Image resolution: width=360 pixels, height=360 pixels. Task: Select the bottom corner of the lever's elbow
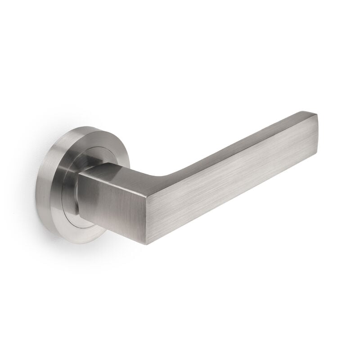coord(146,244)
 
